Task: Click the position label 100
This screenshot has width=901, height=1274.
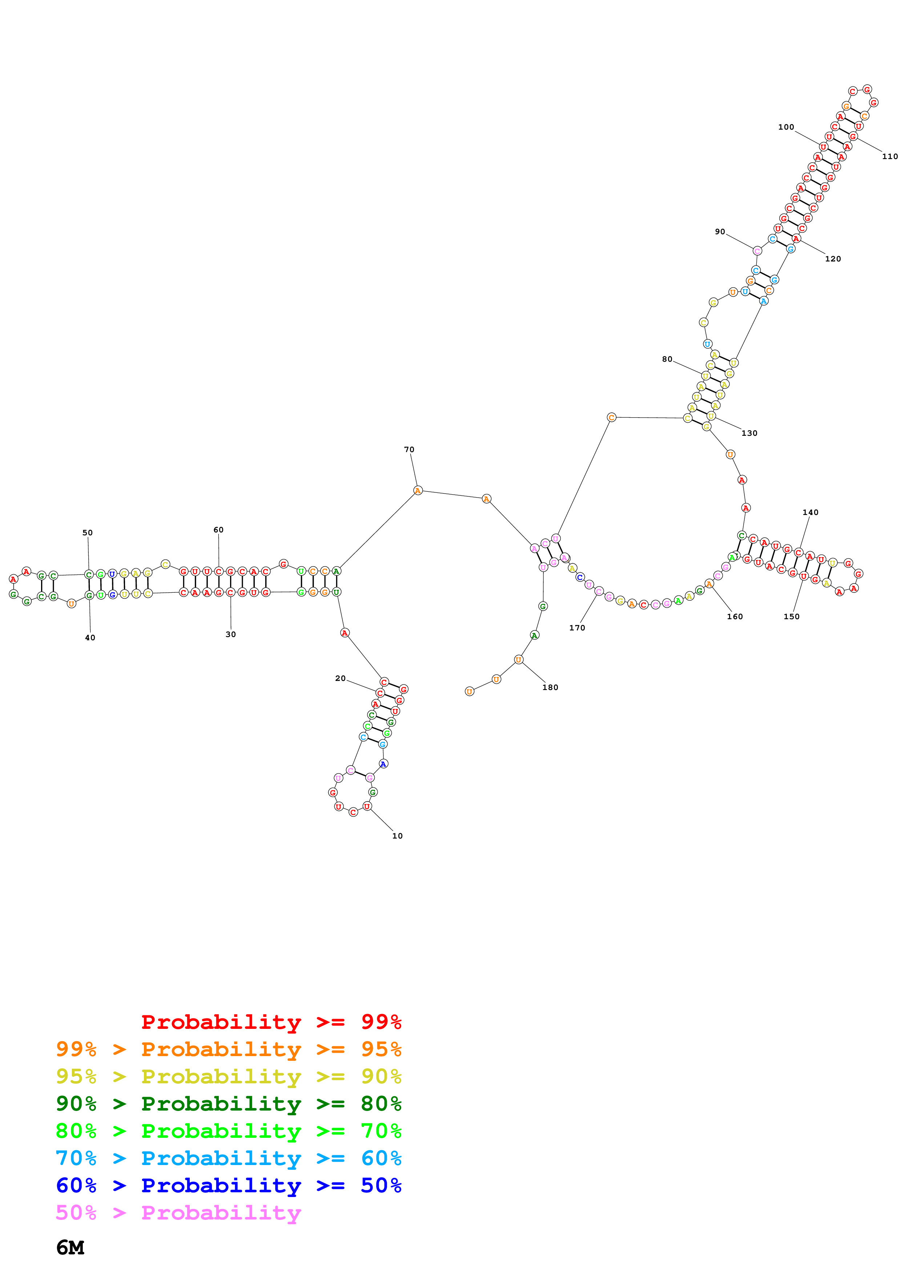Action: click(785, 127)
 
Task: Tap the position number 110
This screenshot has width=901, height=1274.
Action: click(889, 157)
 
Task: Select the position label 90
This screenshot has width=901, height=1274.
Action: click(720, 232)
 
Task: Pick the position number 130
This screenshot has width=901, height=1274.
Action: click(749, 433)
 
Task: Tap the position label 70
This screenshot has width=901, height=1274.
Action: click(409, 450)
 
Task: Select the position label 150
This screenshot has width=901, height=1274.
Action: click(791, 616)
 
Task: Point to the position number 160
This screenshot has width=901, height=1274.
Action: click(735, 616)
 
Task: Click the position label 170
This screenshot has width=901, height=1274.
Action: click(577, 628)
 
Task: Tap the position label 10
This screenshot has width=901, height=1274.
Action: click(397, 836)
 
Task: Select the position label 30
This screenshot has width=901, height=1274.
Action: click(230, 634)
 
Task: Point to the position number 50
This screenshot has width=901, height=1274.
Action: click(88, 533)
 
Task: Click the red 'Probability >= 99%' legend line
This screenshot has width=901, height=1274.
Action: click(271, 1022)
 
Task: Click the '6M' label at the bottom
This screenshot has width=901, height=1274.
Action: click(71, 1248)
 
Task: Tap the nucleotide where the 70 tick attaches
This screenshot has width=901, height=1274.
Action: click(418, 491)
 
